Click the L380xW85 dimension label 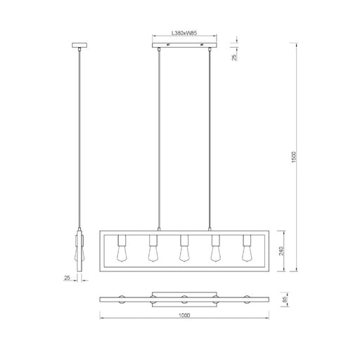(x=184, y=33)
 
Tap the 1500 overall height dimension (x=294, y=157)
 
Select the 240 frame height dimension (x=281, y=251)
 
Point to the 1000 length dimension (x=184, y=315)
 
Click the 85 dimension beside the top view (x=285, y=300)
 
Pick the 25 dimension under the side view (x=67, y=278)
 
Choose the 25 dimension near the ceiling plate (x=234, y=58)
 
